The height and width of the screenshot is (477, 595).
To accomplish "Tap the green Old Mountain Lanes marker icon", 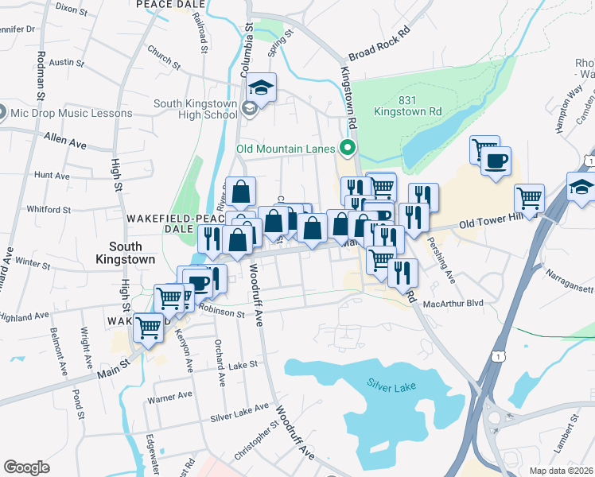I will click(348, 147).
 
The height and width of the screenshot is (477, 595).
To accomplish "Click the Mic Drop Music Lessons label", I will click(71, 113).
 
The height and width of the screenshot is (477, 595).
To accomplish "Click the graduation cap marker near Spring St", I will click(260, 86).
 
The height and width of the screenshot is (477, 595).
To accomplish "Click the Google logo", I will click(27, 467).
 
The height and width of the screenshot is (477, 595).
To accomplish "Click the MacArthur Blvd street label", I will click(454, 303).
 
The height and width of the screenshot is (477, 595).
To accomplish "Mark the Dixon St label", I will click(71, 10).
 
